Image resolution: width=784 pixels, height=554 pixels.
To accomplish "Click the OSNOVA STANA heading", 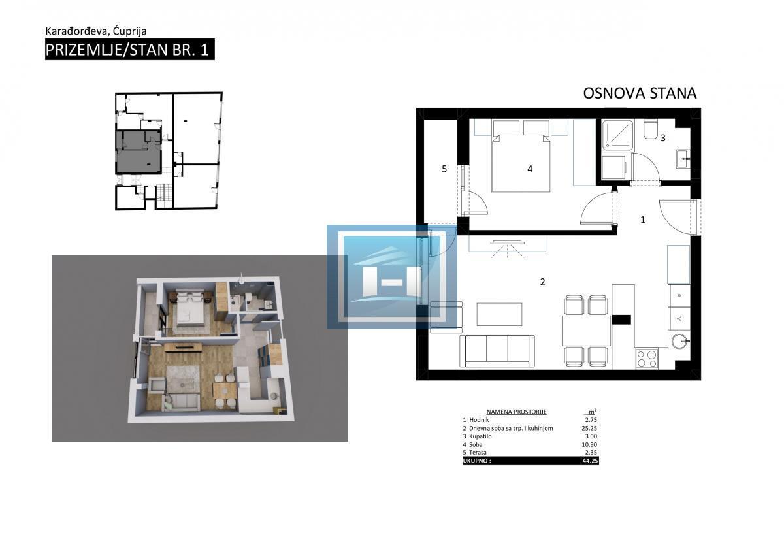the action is [x=640, y=93].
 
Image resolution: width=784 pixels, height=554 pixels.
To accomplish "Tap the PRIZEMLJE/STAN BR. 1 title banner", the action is [x=130, y=50].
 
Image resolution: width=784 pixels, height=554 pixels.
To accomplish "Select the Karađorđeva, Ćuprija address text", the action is [x=96, y=31].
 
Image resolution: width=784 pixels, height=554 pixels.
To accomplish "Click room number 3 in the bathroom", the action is [x=663, y=138].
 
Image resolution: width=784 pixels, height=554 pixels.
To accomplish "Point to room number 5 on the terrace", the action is [x=444, y=169].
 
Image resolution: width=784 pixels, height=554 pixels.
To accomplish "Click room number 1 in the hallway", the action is [x=643, y=220].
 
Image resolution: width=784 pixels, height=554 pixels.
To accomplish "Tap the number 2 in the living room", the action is [x=542, y=282].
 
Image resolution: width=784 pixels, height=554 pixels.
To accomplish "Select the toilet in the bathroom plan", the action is [x=651, y=129].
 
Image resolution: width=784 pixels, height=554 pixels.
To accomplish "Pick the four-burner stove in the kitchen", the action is [x=647, y=358].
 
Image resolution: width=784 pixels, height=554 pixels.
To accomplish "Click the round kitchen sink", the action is [x=680, y=340].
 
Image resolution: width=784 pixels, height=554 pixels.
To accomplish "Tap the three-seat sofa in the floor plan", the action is [x=497, y=351].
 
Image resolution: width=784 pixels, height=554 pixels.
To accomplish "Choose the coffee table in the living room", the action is [x=499, y=314].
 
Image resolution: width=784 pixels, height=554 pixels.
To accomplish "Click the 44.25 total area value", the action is [x=590, y=461].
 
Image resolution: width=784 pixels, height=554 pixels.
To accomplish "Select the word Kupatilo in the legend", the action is [x=480, y=436].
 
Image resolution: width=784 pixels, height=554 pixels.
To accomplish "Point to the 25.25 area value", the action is [x=589, y=428].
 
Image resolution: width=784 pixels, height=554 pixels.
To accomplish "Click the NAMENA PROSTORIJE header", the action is [x=516, y=412].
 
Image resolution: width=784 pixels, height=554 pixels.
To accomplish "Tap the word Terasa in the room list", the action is [x=478, y=453].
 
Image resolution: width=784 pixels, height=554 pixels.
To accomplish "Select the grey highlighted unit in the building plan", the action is [x=139, y=152].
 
